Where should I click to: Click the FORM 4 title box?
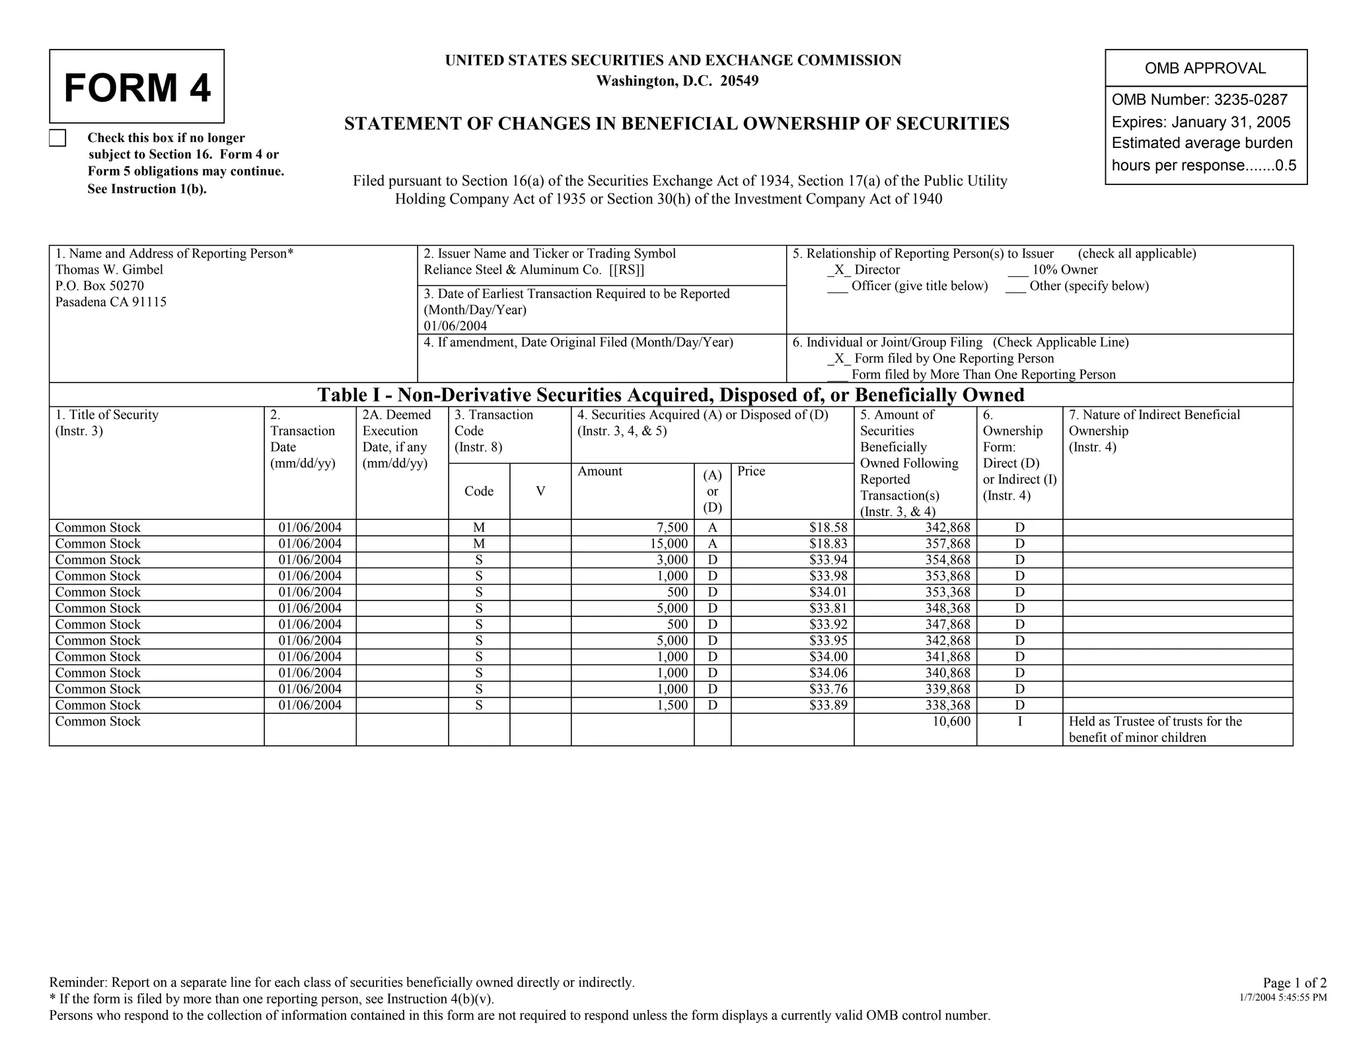(137, 87)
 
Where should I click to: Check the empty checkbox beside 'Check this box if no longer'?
(58, 138)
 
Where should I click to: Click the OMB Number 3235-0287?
(1199, 100)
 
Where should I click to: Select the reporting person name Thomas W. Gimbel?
(109, 270)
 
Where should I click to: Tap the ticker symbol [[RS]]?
(626, 270)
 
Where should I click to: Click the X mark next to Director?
(838, 270)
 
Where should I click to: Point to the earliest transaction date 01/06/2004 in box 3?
(455, 326)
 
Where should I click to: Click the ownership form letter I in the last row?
(1019, 721)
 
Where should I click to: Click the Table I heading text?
(671, 395)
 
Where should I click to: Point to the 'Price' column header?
(751, 471)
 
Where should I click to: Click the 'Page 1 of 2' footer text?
(1294, 982)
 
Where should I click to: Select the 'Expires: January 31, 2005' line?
(1200, 122)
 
